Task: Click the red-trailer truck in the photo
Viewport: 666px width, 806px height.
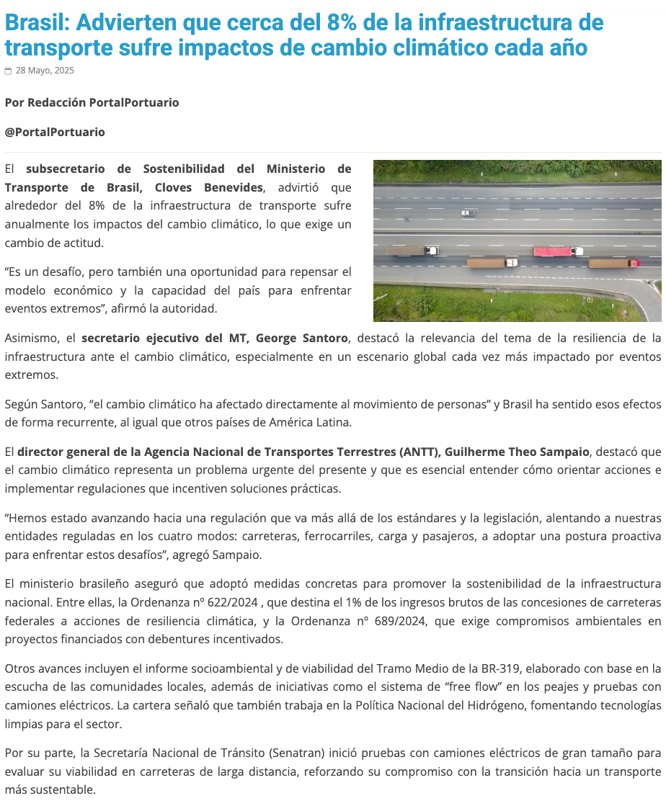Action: pyautogui.click(x=558, y=251)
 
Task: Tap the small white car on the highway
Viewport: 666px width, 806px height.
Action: pyautogui.click(x=469, y=212)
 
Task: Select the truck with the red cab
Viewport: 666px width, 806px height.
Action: pyautogui.click(x=613, y=263)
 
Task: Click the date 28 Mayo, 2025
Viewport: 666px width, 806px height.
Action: pyautogui.click(x=45, y=71)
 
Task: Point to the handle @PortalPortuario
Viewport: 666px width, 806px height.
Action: pyautogui.click(x=55, y=132)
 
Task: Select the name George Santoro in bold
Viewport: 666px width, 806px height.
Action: pyautogui.click(x=302, y=338)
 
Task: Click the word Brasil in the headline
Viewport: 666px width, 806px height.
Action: pyautogui.click(x=37, y=22)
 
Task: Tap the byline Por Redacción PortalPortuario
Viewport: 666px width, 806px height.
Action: pyautogui.click(x=92, y=102)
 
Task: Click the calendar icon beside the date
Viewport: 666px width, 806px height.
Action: pyautogui.click(x=8, y=71)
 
